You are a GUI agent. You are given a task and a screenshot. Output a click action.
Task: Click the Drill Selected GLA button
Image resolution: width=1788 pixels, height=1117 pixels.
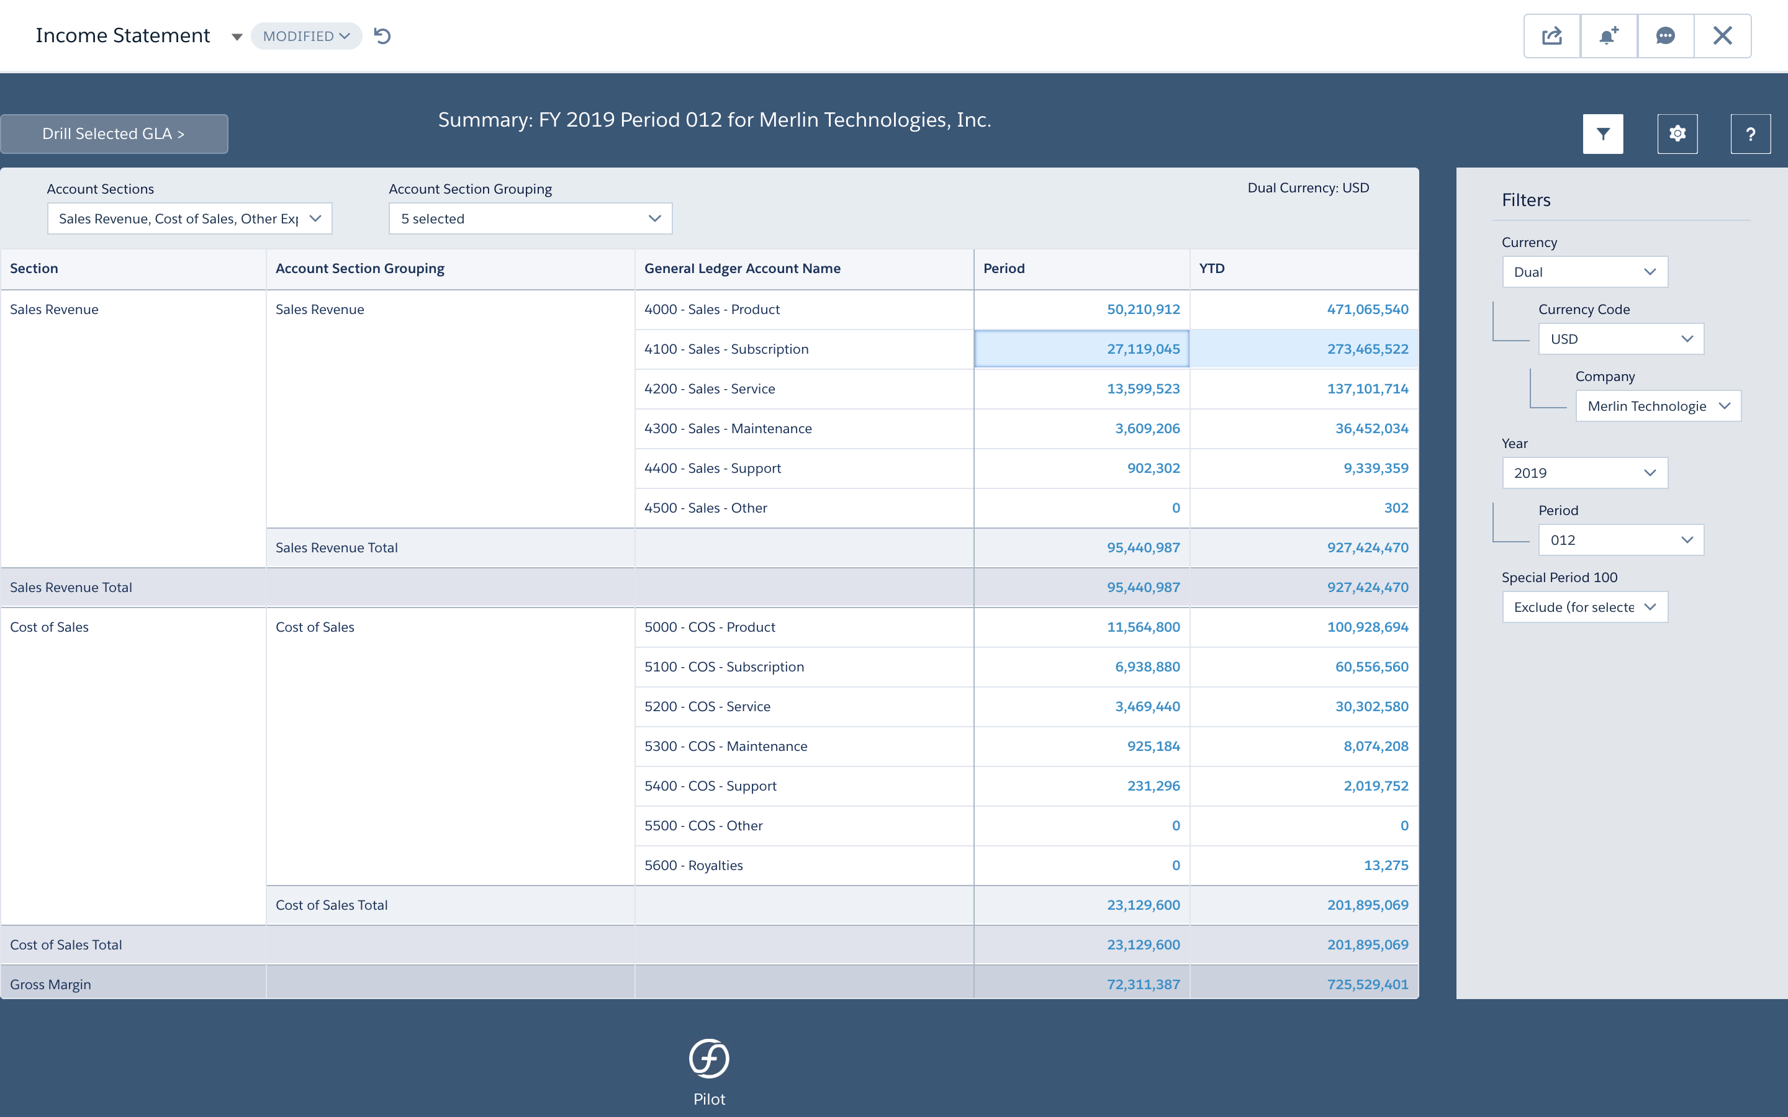coord(114,133)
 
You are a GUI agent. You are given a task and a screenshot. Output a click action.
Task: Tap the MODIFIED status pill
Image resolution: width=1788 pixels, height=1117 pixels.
coord(306,36)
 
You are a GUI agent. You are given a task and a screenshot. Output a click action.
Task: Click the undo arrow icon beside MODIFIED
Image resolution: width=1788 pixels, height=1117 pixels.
coord(382,36)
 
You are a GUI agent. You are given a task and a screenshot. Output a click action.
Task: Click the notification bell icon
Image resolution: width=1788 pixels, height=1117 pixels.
coord(1609,36)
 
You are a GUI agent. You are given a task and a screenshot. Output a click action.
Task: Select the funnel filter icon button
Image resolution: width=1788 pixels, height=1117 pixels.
coord(1602,133)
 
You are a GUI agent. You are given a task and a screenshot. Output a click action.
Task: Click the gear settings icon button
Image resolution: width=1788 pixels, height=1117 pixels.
coord(1677,133)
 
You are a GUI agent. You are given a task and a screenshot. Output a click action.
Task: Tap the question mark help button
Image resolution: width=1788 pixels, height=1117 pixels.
coord(1750,133)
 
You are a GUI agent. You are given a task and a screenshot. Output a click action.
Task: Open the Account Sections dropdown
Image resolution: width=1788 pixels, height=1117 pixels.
coord(190,218)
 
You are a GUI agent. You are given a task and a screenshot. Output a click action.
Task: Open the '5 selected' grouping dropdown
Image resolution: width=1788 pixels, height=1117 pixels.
coord(530,218)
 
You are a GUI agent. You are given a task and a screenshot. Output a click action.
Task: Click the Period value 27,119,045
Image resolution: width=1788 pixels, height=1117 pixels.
coord(1142,349)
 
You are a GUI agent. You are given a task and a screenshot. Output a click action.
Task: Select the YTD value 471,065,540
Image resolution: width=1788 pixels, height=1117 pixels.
coord(1367,310)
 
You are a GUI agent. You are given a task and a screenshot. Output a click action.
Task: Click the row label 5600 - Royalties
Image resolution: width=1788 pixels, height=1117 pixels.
coord(693,865)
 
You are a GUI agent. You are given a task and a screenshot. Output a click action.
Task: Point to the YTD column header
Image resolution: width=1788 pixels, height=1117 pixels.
coord(1212,268)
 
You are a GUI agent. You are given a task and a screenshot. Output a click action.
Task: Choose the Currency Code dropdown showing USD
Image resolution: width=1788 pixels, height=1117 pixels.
coord(1621,339)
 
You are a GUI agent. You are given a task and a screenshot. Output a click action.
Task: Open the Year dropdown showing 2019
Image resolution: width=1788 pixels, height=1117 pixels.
coord(1585,473)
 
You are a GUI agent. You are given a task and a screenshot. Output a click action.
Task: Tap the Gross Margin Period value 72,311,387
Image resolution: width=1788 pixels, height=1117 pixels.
coord(1142,984)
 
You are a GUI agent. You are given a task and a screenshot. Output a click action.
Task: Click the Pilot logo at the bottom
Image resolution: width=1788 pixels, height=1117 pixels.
coord(709,1059)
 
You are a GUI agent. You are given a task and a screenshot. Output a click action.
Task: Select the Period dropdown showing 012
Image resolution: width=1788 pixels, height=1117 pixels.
coord(1621,540)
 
